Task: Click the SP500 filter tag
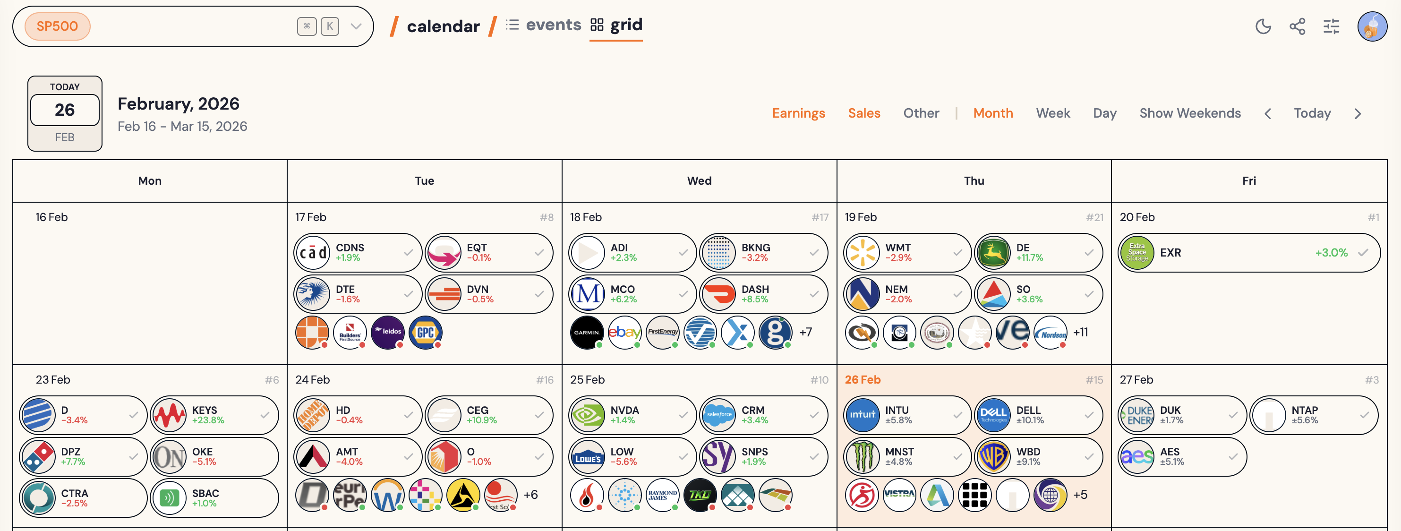(57, 26)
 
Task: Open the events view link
(544, 25)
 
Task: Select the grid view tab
(616, 25)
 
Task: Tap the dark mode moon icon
(1263, 26)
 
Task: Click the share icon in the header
(1297, 26)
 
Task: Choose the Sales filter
(863, 113)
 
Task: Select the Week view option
(1052, 113)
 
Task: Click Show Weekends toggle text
(1190, 113)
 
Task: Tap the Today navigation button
(1312, 113)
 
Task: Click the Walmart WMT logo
(862, 252)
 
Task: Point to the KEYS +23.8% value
(208, 420)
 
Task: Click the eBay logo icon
(624, 332)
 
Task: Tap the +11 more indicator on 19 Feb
(1081, 332)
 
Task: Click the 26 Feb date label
(863, 380)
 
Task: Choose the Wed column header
(699, 180)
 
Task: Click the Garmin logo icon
(587, 332)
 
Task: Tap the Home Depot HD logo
(312, 415)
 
